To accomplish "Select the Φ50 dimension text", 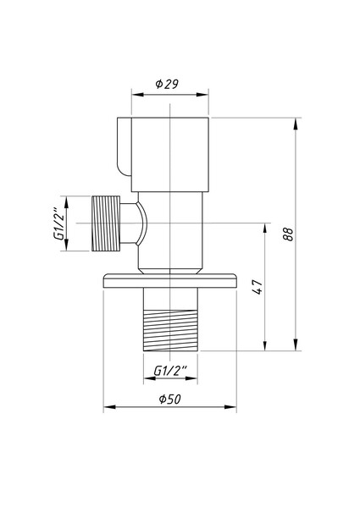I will click(169, 399).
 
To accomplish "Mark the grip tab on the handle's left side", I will click(122, 148).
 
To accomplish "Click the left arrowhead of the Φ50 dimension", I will click(108, 409).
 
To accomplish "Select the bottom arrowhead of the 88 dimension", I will click(296, 345).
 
